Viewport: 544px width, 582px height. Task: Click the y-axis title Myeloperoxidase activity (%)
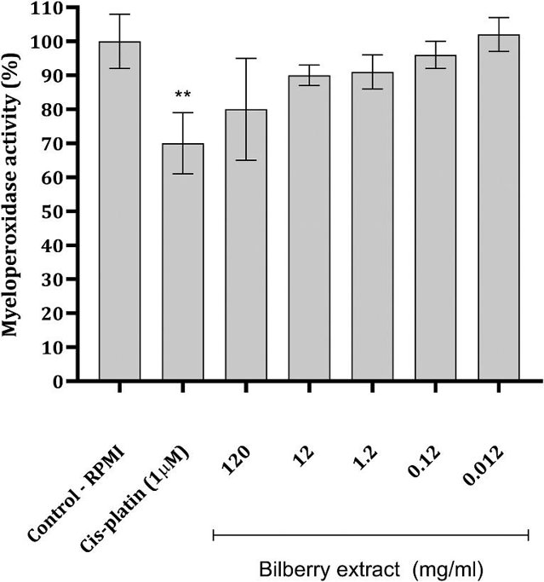click(14, 194)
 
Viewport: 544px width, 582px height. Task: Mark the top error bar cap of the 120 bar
click(246, 58)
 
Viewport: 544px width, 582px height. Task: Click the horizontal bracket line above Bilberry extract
click(371, 534)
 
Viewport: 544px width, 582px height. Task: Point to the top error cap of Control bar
click(119, 14)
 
